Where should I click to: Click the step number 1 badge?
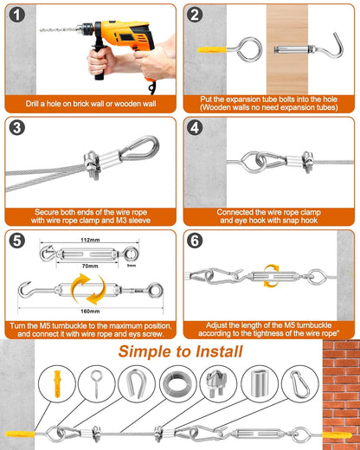pyautogui.click(x=17, y=15)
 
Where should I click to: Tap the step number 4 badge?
pyautogui.click(x=195, y=128)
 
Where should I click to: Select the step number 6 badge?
pyautogui.click(x=195, y=241)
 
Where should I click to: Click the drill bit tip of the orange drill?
pyautogui.click(x=41, y=29)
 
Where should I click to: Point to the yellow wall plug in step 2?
pyautogui.click(x=212, y=49)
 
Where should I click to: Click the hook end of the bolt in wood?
pyautogui.click(x=337, y=46)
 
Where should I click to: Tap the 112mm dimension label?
pyautogui.click(x=90, y=240)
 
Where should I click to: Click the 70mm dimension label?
pyautogui.click(x=90, y=266)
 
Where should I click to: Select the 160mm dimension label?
pyautogui.click(x=90, y=312)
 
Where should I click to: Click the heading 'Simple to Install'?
pyautogui.click(x=180, y=351)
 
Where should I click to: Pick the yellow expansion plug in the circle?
pyautogui.click(x=57, y=383)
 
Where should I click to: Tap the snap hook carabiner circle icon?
pyautogui.click(x=300, y=384)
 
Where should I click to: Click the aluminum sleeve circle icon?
pyautogui.click(x=259, y=384)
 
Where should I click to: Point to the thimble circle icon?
pyautogui.click(x=136, y=384)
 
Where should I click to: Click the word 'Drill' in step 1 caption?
pyautogui.click(x=32, y=104)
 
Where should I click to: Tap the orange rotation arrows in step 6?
pyautogui.click(x=272, y=276)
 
